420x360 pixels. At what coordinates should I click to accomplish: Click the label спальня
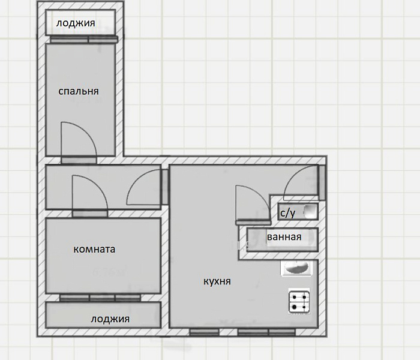(79, 92)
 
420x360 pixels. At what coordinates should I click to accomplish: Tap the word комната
(94, 250)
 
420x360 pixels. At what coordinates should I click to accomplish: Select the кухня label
(217, 281)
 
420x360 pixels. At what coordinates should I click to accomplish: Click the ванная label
(284, 237)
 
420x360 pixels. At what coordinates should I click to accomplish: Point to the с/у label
(288, 213)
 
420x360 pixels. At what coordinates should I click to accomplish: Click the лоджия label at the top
(76, 23)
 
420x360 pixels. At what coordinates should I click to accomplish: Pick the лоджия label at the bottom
(110, 319)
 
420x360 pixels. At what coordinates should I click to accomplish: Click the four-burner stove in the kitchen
(299, 301)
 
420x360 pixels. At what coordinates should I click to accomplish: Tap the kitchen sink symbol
(296, 268)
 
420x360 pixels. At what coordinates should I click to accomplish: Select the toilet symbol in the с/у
(310, 211)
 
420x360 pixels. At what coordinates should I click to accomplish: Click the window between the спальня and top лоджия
(84, 40)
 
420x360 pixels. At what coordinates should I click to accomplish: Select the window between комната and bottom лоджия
(100, 298)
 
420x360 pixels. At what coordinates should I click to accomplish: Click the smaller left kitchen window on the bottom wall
(205, 332)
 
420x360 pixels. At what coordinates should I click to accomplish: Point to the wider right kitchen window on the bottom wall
(266, 332)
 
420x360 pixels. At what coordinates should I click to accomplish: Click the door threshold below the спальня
(79, 160)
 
